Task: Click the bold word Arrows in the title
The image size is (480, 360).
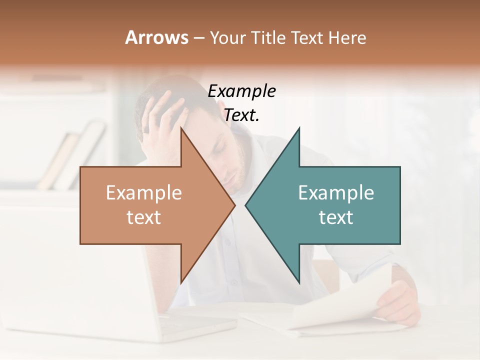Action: (x=156, y=37)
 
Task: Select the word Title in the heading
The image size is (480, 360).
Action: (x=271, y=37)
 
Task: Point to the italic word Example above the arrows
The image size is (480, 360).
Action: (x=242, y=91)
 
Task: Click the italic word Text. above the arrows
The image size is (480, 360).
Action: (x=242, y=115)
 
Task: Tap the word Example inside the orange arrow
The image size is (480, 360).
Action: (x=144, y=192)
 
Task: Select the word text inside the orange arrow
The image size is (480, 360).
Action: (x=144, y=217)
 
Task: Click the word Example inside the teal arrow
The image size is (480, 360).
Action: (x=336, y=192)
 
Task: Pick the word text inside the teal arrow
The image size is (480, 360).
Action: (x=336, y=217)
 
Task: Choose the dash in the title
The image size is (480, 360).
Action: (x=199, y=38)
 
